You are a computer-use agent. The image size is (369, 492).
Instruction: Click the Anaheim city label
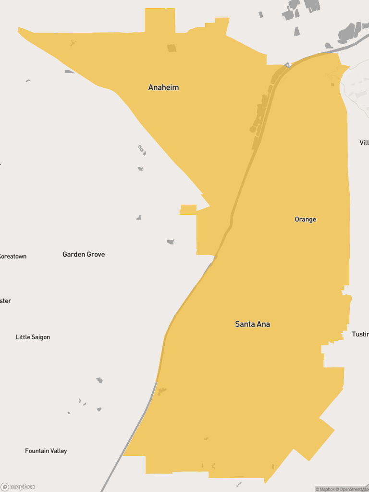click(163, 87)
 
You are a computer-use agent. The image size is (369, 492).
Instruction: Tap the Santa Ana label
click(252, 324)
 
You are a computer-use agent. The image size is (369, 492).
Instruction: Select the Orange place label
click(306, 220)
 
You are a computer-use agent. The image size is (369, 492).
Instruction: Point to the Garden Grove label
click(84, 254)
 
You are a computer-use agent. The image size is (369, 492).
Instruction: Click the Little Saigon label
click(33, 337)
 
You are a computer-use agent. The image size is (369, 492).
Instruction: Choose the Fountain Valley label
click(46, 451)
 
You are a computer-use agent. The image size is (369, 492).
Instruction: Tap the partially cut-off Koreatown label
click(13, 256)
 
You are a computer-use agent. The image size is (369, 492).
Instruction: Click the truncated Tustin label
click(360, 334)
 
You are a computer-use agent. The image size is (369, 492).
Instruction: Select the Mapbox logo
click(18, 487)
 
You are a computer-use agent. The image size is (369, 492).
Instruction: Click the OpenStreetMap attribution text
click(352, 489)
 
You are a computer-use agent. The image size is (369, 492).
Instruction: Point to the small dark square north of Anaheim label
click(172, 48)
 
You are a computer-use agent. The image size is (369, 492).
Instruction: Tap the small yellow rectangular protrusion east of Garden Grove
click(188, 209)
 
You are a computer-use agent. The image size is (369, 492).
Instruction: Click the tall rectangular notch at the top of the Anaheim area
click(160, 20)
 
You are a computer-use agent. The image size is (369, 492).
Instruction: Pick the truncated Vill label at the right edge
click(364, 143)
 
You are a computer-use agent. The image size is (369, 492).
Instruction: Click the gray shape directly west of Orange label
click(171, 242)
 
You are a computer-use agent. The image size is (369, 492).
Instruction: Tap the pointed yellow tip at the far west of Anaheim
click(20, 30)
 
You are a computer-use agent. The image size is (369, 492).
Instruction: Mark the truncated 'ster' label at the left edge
click(5, 301)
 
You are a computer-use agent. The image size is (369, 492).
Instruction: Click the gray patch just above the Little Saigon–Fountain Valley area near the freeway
click(99, 380)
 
